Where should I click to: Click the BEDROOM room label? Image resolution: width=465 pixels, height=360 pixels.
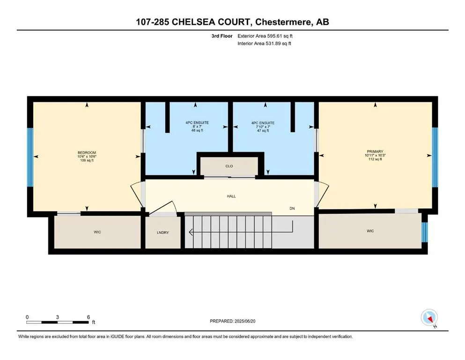[87, 153]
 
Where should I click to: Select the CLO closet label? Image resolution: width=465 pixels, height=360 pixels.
[229, 166]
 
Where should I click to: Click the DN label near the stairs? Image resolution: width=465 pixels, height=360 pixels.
[292, 209]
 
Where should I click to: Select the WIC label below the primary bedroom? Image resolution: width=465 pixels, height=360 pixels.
[370, 231]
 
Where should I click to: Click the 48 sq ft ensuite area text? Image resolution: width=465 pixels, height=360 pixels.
[197, 131]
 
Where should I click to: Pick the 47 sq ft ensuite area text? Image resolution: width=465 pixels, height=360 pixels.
[263, 131]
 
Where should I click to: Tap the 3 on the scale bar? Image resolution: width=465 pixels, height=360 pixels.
[57, 317]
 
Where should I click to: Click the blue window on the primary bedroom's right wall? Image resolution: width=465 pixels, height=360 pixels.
[434, 157]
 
